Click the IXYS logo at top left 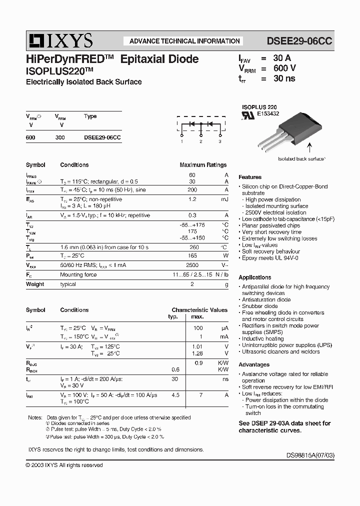coord(59,40)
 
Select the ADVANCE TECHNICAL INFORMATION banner coord(184,41)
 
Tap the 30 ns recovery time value coord(284,78)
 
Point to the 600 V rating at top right coord(284,68)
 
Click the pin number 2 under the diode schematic coord(200,142)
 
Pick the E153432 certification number coord(268,114)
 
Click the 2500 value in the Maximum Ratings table coord(192,265)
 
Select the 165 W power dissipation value coord(192,255)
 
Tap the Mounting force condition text coord(78,274)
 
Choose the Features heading coord(250,177)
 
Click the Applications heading coord(255,277)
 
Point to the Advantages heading coord(254,364)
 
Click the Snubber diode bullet coord(259,306)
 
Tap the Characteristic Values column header coord(200,310)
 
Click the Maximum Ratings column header coord(203,165)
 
